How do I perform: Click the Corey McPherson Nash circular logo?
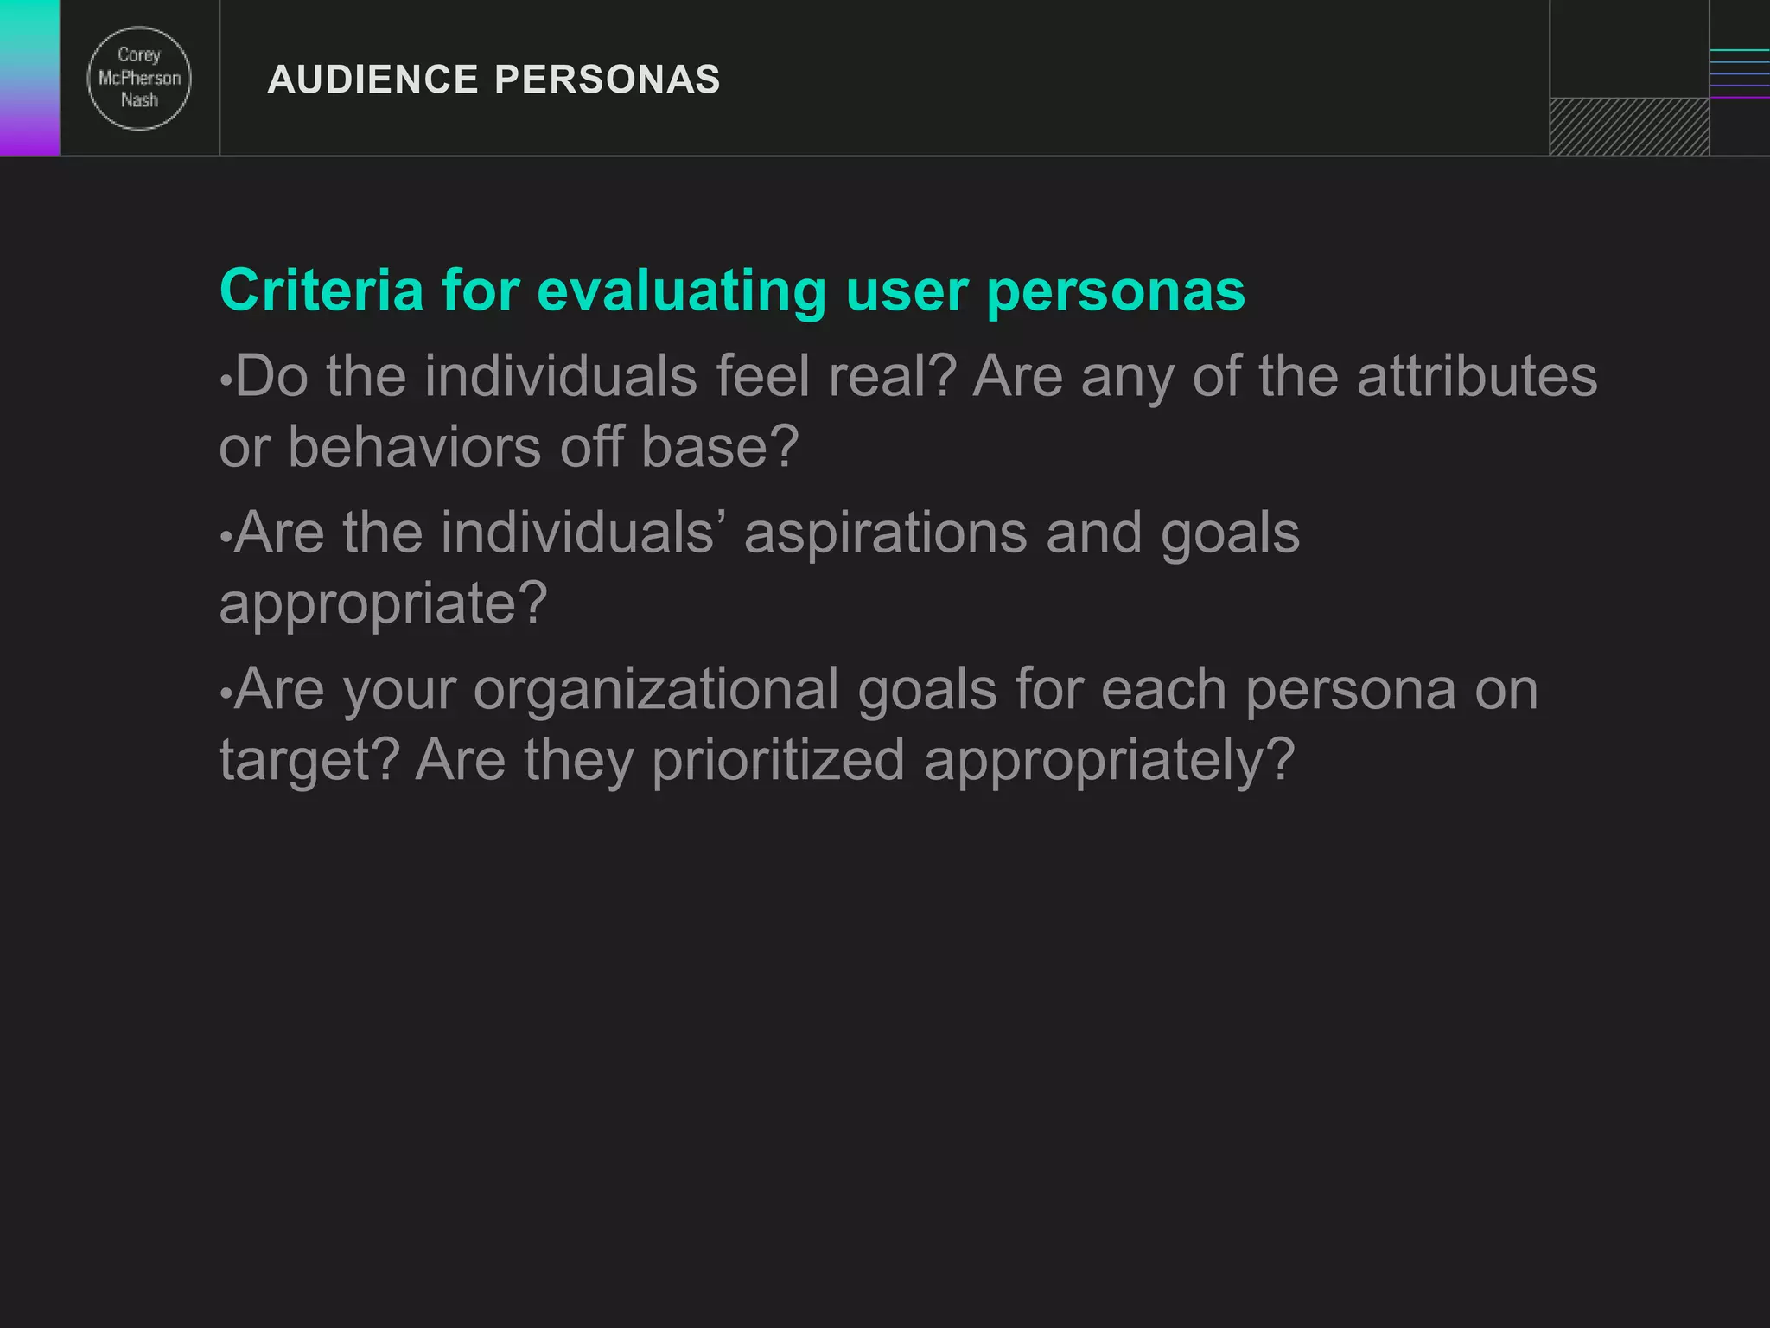139,79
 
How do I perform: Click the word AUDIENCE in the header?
372,80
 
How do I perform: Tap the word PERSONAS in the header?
607,80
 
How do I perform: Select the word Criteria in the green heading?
322,290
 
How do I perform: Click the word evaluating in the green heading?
682,291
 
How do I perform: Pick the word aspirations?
886,533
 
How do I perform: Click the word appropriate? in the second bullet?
383,603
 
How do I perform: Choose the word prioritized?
778,760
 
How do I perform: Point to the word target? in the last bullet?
309,761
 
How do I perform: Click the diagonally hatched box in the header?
1629,126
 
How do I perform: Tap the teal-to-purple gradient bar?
29,78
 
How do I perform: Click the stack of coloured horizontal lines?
1739,74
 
